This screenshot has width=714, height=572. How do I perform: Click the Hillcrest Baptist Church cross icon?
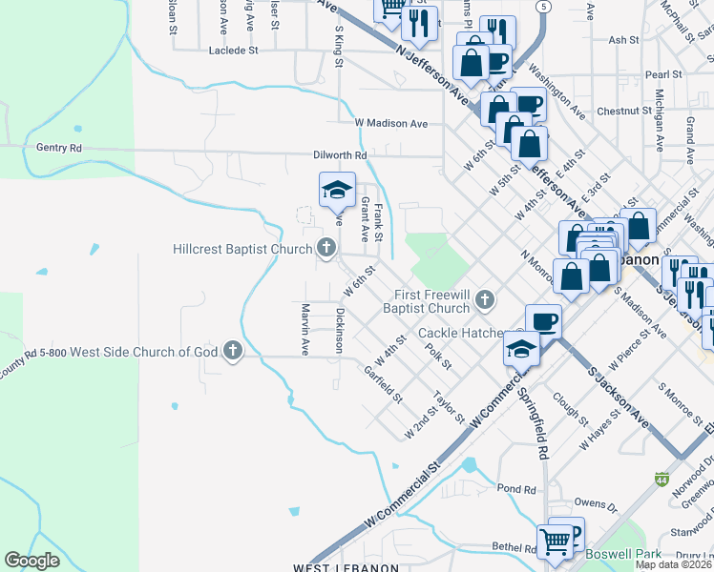[x=326, y=249]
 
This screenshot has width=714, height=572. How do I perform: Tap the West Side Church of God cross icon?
[x=232, y=352]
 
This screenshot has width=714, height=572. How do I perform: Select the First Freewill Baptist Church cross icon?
[x=485, y=300]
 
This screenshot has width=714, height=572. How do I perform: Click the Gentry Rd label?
[x=59, y=148]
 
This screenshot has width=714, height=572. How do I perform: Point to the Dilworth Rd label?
[x=340, y=155]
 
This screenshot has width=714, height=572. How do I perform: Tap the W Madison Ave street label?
[x=390, y=123]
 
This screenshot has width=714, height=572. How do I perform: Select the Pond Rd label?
[x=516, y=489]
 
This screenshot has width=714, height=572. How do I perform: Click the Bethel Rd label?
[x=515, y=548]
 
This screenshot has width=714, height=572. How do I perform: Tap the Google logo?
[x=31, y=561]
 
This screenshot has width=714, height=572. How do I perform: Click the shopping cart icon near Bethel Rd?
[x=555, y=541]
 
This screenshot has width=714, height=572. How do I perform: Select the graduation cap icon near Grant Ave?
[x=336, y=189]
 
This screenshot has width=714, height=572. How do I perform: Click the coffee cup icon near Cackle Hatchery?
[x=543, y=320]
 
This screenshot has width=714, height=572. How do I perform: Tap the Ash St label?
[x=622, y=40]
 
